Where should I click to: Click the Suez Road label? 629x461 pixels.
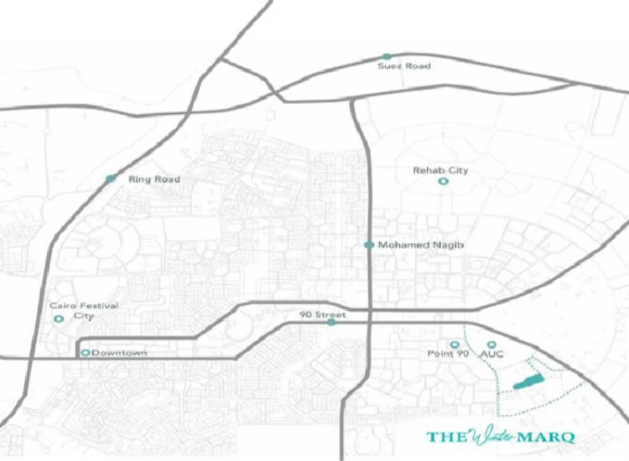403,66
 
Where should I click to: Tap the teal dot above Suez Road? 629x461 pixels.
387,56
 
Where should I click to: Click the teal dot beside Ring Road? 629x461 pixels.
111,179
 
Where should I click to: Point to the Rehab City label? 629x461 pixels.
440,171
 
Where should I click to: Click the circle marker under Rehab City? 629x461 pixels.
443,181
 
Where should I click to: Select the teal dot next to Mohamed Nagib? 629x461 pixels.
368,246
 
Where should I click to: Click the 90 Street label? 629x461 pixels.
323,314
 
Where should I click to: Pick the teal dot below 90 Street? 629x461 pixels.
331,322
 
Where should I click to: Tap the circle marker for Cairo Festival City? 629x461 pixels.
58,319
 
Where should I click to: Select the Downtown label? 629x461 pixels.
119,353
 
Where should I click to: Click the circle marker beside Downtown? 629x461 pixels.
85,353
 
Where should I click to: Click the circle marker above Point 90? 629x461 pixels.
455,344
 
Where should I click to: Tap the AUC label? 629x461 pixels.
491,355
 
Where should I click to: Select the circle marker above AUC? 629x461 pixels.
491,344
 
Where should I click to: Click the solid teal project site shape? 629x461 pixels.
528,382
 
